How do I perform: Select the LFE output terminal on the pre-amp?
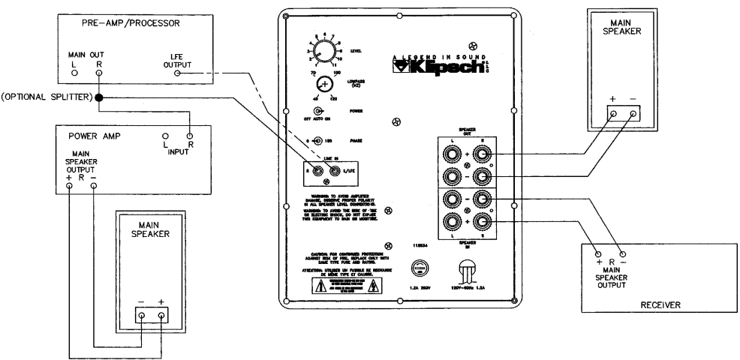tap(177, 73)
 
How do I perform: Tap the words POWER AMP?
tap(84, 137)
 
